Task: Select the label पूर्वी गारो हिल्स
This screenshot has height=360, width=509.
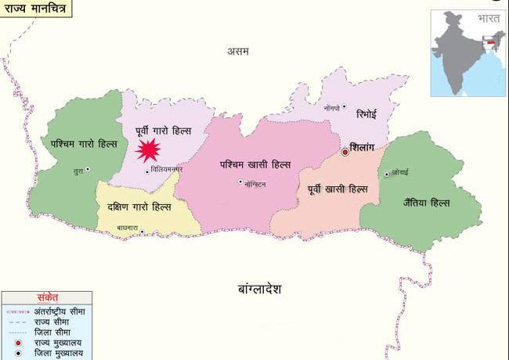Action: point(164,129)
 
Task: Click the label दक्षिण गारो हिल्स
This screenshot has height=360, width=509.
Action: point(139,207)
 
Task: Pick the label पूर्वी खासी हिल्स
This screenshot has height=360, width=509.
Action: point(338,189)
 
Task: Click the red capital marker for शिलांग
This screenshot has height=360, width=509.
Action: point(345,151)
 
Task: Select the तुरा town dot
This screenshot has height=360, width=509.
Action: point(88,169)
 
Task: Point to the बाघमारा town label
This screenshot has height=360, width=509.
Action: point(128,229)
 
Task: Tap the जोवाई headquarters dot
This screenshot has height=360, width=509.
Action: point(386,174)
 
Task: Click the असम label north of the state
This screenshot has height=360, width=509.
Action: point(238,52)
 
